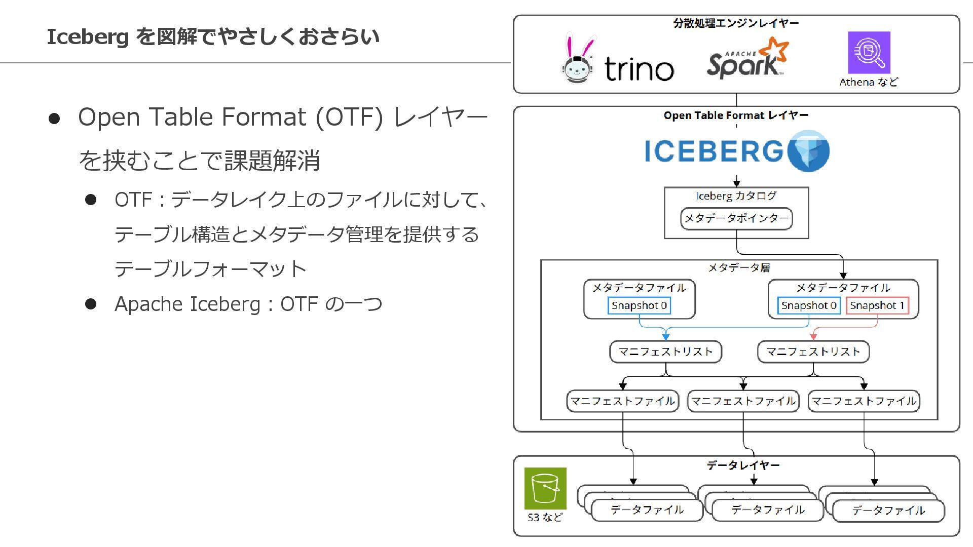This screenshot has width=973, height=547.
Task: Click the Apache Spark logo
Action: click(x=747, y=59)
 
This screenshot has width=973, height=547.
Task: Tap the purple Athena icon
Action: click(x=869, y=52)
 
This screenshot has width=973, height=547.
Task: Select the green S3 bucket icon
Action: click(x=545, y=488)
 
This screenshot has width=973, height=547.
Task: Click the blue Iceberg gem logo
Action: click(x=808, y=151)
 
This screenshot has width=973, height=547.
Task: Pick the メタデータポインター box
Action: click(x=736, y=219)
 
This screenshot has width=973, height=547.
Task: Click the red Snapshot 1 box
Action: click(x=877, y=305)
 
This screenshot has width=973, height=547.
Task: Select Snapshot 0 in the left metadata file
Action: click(x=639, y=305)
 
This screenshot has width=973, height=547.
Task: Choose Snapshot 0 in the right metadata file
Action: click(x=808, y=305)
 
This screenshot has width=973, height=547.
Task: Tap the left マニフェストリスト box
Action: click(x=665, y=351)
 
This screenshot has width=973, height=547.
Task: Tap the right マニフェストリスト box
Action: click(x=813, y=351)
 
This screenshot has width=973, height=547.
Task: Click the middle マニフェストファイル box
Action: click(x=743, y=401)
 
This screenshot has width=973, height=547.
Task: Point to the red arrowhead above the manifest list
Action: click(x=813, y=336)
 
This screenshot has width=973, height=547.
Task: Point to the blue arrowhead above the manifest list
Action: click(x=666, y=336)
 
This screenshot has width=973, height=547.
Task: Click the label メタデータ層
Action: click(x=739, y=267)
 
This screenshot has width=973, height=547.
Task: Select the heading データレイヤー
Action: click(x=743, y=465)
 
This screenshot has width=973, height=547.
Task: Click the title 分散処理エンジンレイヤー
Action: click(x=736, y=23)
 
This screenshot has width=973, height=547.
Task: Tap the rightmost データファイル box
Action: click(x=888, y=511)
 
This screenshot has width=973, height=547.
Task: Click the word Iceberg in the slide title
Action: click(x=88, y=37)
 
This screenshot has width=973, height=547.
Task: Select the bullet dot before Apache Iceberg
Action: click(x=91, y=304)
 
